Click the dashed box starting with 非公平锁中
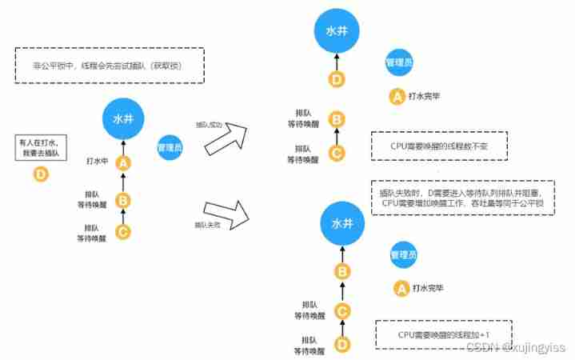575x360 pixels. pyautogui.click(x=110, y=66)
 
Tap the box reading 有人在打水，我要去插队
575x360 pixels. pyautogui.click(x=40, y=147)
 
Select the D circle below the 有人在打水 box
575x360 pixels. pyautogui.click(x=40, y=173)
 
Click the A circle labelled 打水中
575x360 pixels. pyautogui.click(x=123, y=162)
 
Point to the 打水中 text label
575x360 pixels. pyautogui.click(x=98, y=161)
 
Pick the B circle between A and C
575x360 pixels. pyautogui.click(x=123, y=200)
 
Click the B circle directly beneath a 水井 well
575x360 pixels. pyautogui.click(x=341, y=272)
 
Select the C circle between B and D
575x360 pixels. pyautogui.click(x=341, y=311)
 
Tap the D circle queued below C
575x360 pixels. pyautogui.click(x=341, y=346)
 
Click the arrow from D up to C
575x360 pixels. pyautogui.click(x=341, y=329)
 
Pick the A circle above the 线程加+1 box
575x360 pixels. pyautogui.click(x=401, y=287)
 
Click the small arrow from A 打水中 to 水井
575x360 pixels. pyautogui.click(x=123, y=145)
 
